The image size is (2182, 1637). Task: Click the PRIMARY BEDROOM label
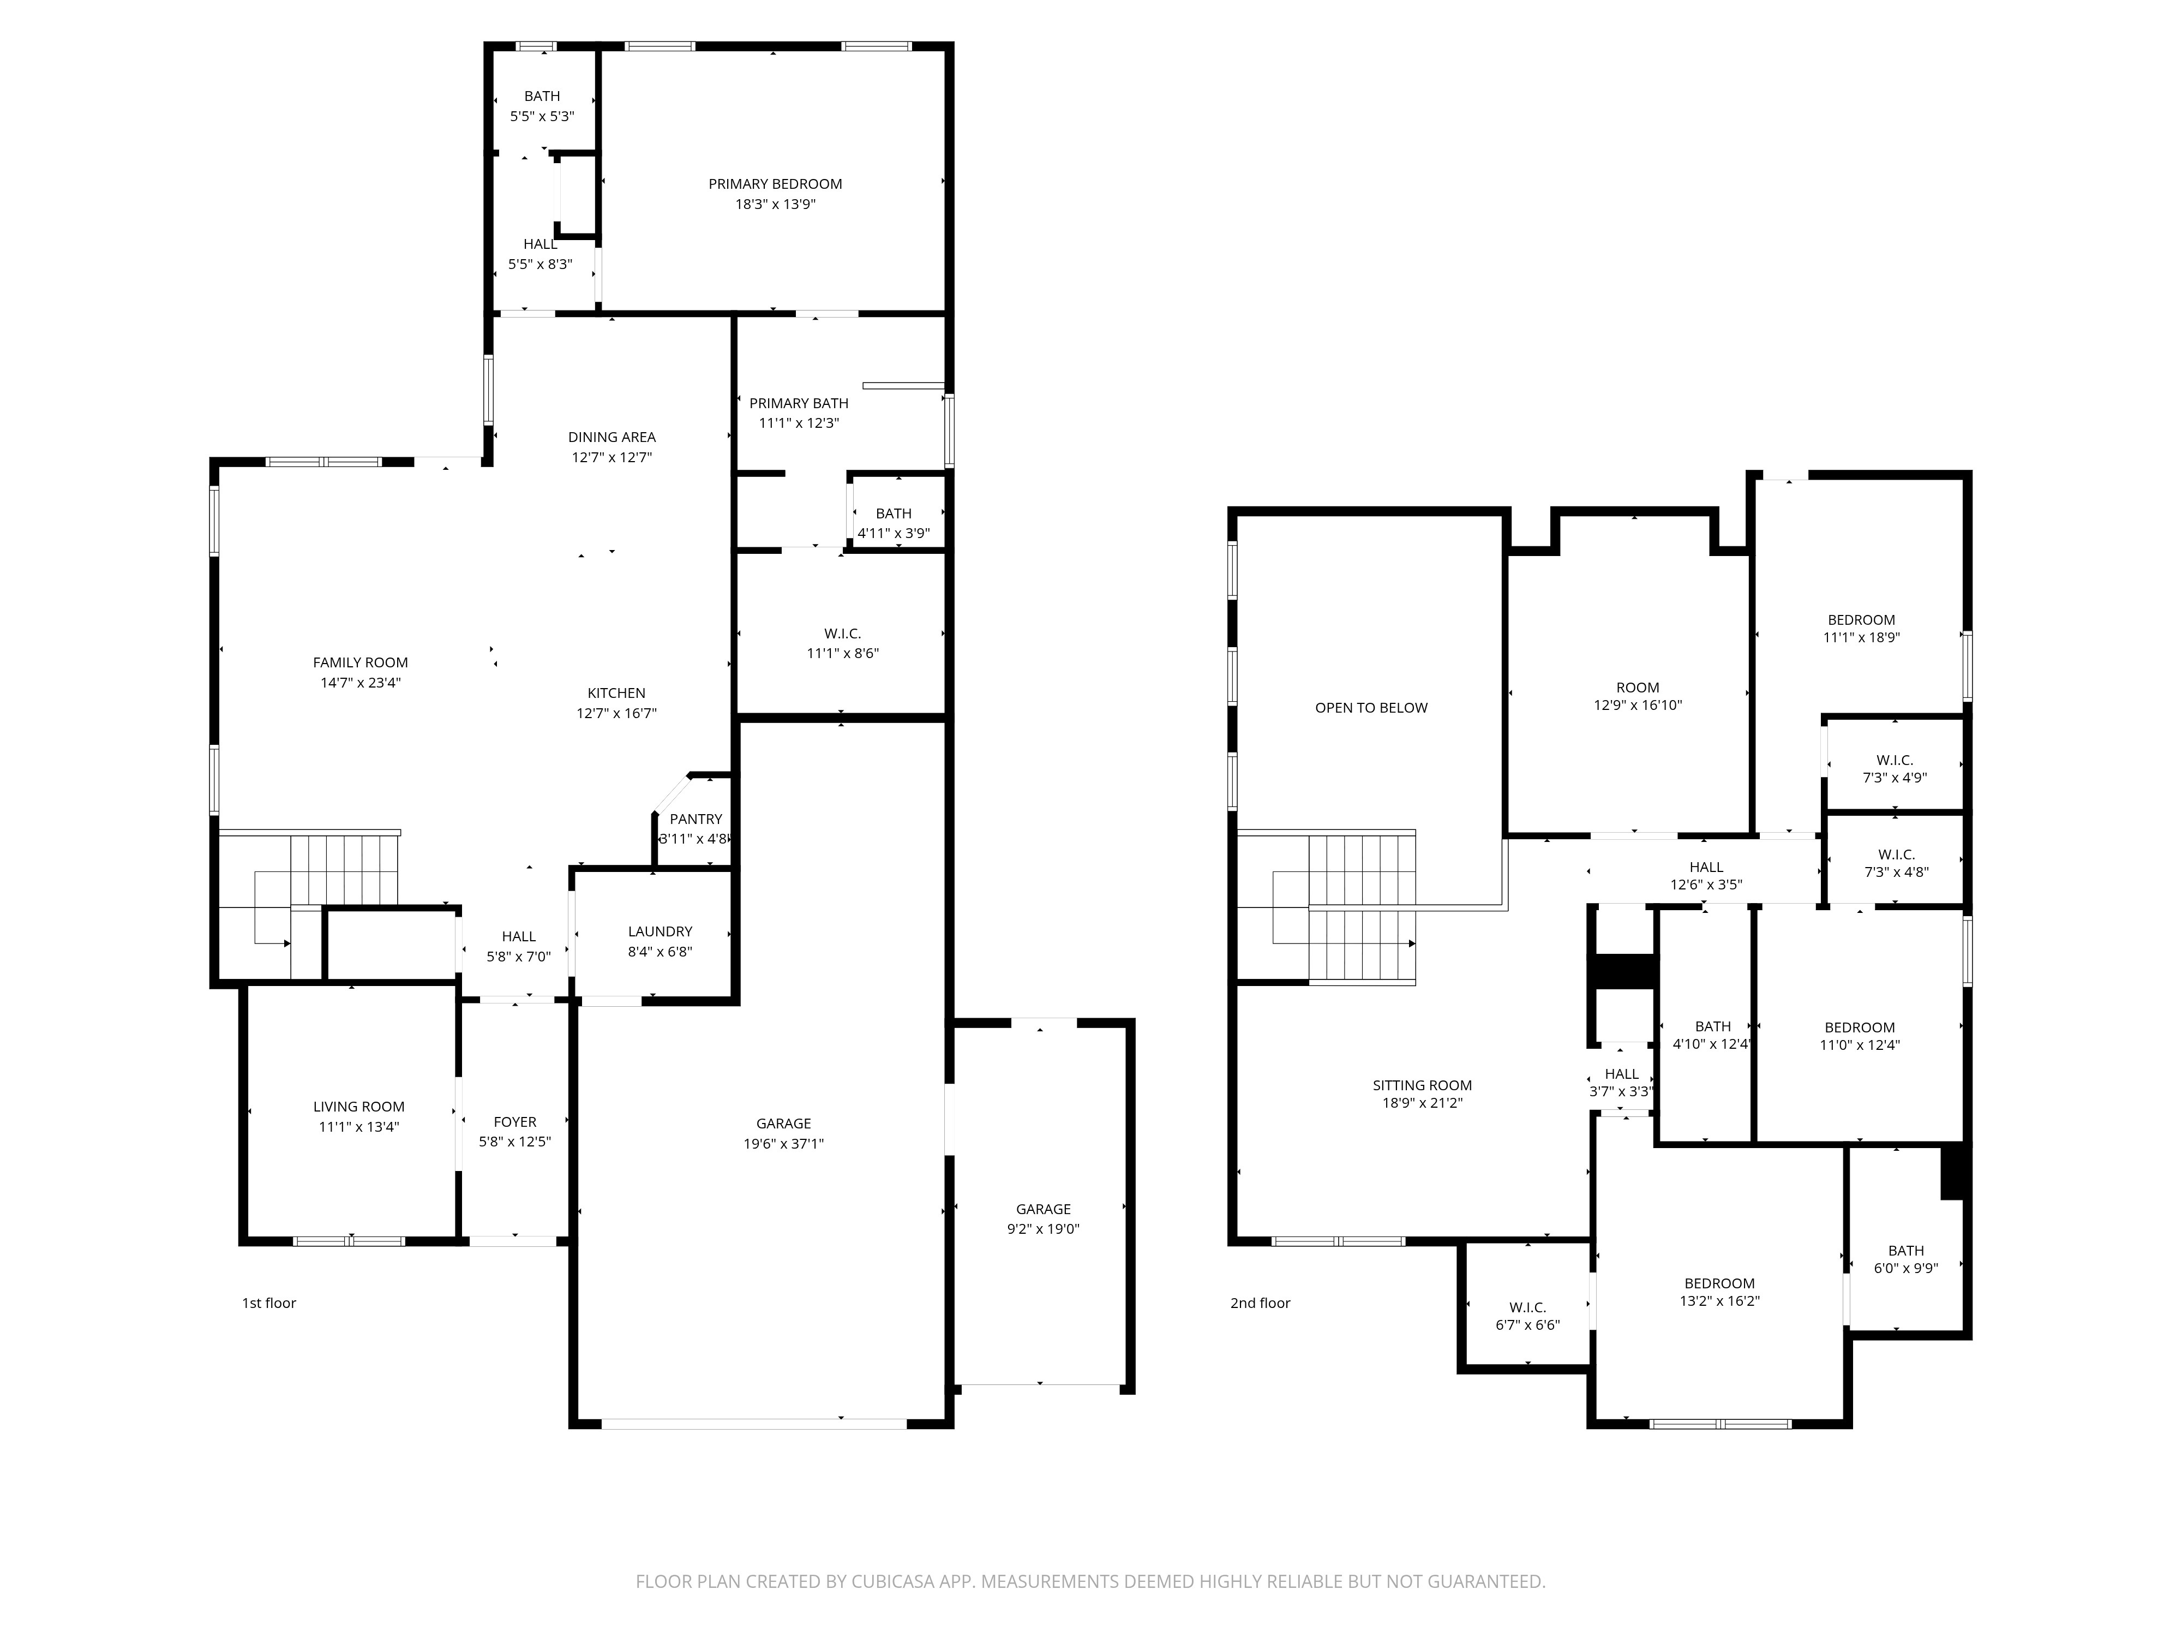pos(775,183)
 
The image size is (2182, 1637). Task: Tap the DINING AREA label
pos(612,437)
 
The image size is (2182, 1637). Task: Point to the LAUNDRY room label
pos(660,931)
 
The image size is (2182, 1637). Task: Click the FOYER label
pos(515,1122)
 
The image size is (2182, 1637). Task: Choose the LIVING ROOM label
pos(359,1107)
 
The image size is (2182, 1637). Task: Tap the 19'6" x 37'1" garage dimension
pos(784,1144)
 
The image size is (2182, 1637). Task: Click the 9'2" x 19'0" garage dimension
pos(1044,1229)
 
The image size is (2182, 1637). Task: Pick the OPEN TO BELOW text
pos(1371,708)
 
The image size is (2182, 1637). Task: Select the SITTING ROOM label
pos(1423,1085)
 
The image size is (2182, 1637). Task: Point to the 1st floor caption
pos(269,1304)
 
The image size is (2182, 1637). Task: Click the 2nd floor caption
pos(1261,1304)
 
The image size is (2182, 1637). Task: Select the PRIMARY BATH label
pos(799,403)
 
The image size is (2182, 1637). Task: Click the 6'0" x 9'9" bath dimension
pos(1906,1269)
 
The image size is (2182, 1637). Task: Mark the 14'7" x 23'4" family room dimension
pos(360,682)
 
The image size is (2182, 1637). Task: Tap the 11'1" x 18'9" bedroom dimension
pos(1861,637)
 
